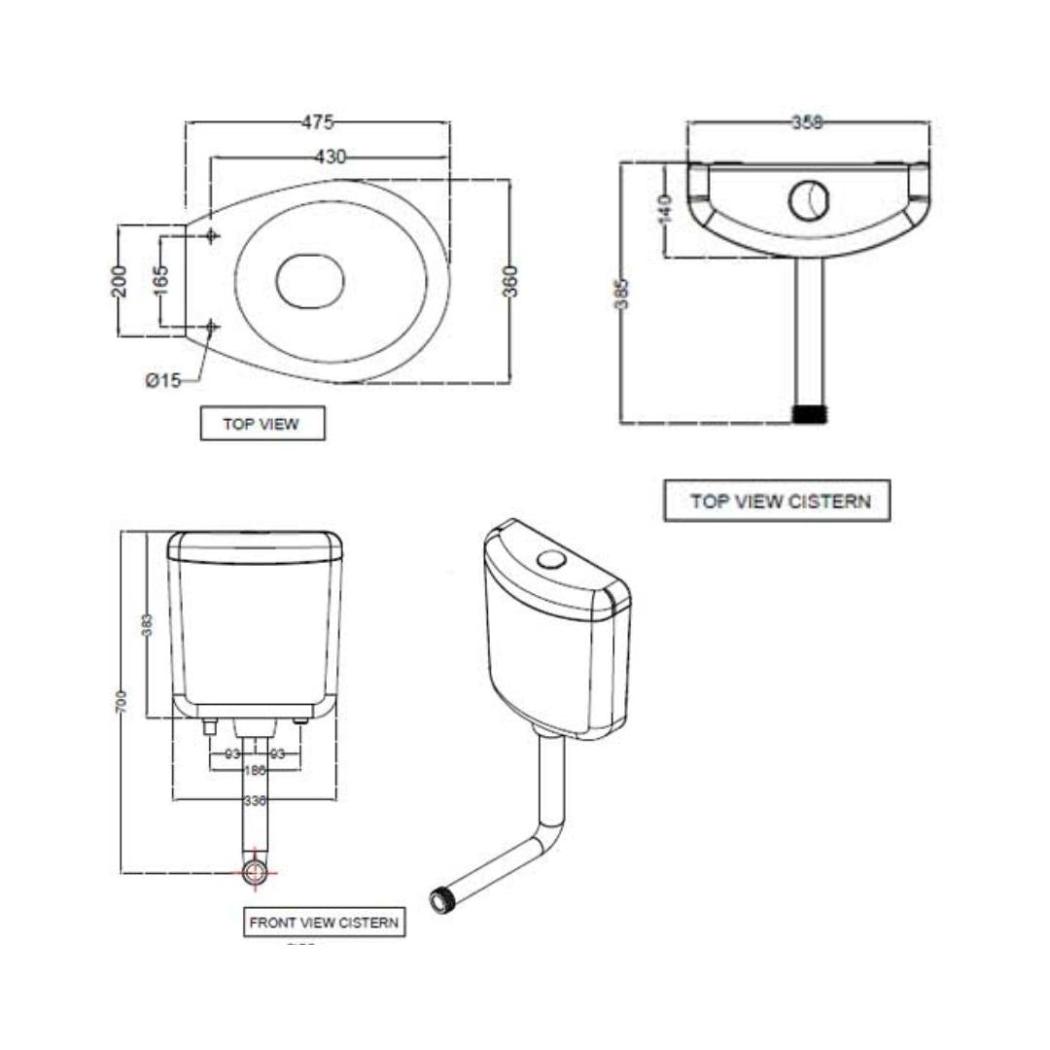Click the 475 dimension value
click(x=317, y=122)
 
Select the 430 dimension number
click(x=331, y=157)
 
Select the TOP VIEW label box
click(x=262, y=424)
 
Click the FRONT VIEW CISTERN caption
click(x=324, y=923)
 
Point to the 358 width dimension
click(x=807, y=122)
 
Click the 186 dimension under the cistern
click(x=255, y=770)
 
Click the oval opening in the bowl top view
click(x=310, y=280)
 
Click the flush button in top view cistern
click(x=808, y=199)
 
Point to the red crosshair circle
click(x=255, y=871)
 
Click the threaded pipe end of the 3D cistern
click(x=445, y=899)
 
